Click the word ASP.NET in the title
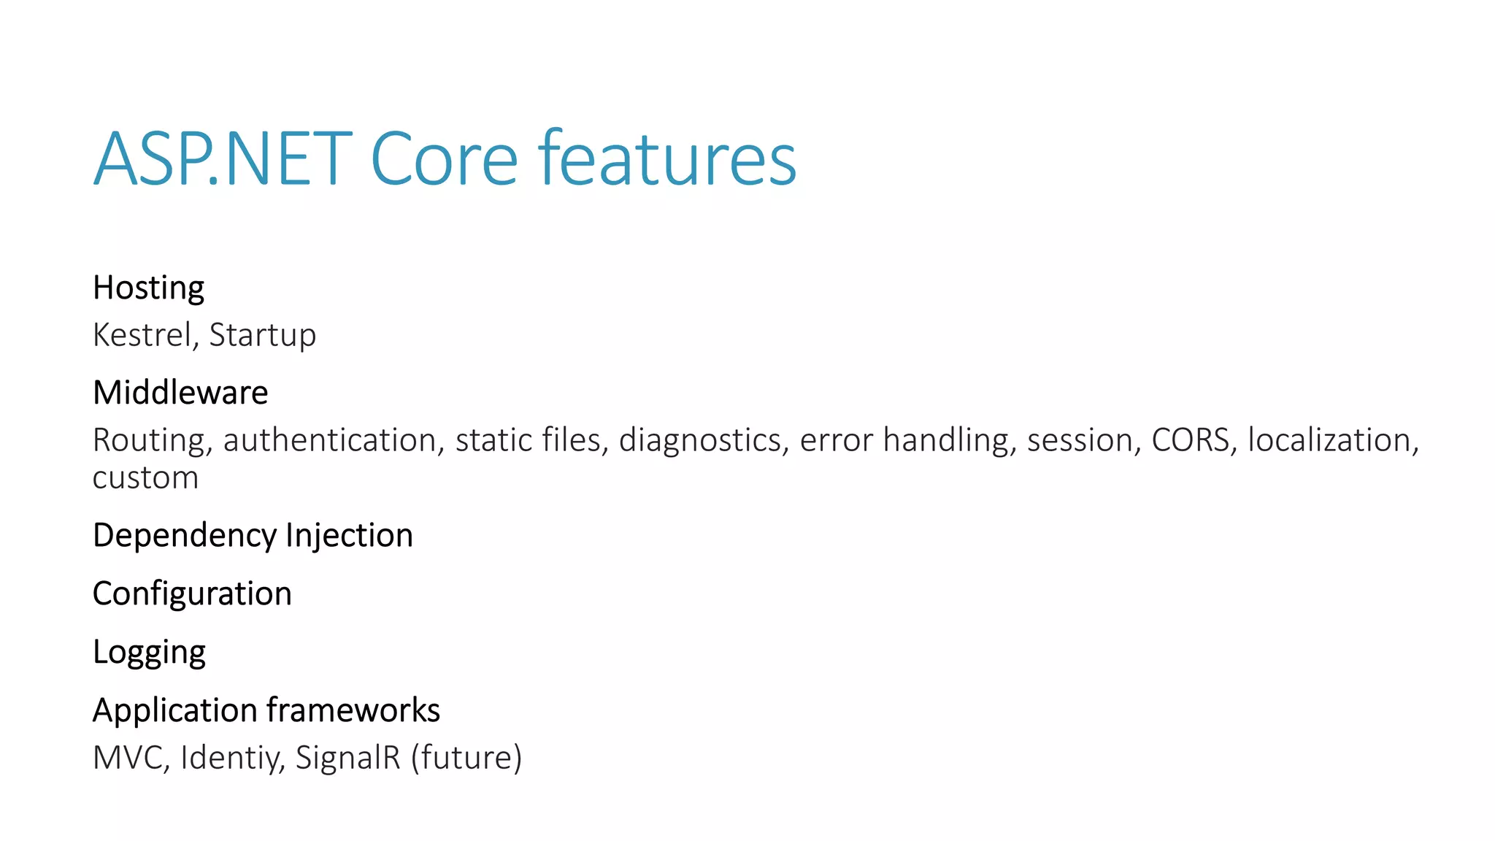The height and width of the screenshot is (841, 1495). (x=223, y=158)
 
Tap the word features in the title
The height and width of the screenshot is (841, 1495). (x=667, y=158)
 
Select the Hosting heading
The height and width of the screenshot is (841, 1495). (x=148, y=288)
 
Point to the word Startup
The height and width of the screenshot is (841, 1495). (x=262, y=336)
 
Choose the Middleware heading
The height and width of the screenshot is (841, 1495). (x=180, y=393)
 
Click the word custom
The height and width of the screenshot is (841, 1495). (x=145, y=478)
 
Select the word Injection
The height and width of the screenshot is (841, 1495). (x=349, y=535)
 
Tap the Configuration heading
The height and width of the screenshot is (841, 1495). (x=192, y=594)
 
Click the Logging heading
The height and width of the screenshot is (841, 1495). (x=149, y=653)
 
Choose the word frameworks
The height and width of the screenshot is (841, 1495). (x=353, y=710)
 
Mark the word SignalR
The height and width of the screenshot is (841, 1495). (x=348, y=758)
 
